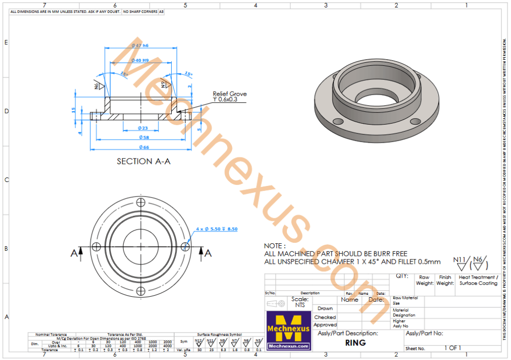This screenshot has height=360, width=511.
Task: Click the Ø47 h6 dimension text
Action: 140,45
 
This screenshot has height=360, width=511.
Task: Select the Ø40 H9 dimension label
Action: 140,60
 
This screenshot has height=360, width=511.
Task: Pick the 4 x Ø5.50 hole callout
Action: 217,229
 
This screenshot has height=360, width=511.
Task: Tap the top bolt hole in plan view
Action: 141,202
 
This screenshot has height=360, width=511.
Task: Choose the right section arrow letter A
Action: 208,253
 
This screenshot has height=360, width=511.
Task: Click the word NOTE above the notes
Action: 274,246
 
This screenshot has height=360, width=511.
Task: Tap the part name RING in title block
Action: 355,343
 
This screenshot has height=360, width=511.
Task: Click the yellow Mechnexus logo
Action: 288,330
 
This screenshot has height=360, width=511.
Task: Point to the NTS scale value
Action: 300,305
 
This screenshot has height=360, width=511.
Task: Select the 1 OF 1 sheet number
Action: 453,348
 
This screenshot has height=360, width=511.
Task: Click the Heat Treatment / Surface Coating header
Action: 478,280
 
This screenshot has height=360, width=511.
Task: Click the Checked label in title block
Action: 325,317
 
